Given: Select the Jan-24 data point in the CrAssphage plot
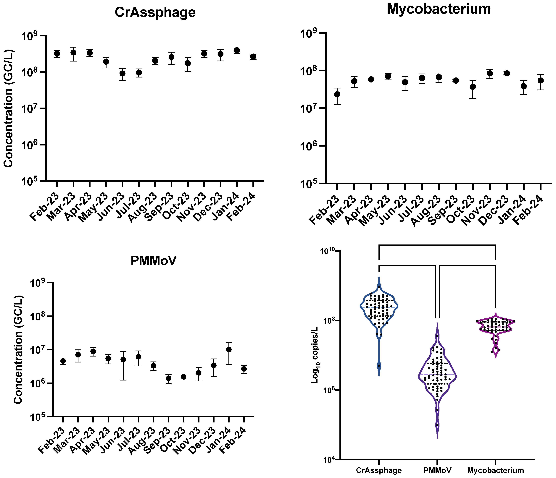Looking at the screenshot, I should (237, 50).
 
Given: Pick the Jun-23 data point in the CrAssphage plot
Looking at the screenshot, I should (122, 73).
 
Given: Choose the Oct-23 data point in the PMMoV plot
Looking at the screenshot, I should (183, 377).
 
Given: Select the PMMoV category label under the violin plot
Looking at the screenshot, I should (437, 471).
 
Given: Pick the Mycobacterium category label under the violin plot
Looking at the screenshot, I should (495, 471).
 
